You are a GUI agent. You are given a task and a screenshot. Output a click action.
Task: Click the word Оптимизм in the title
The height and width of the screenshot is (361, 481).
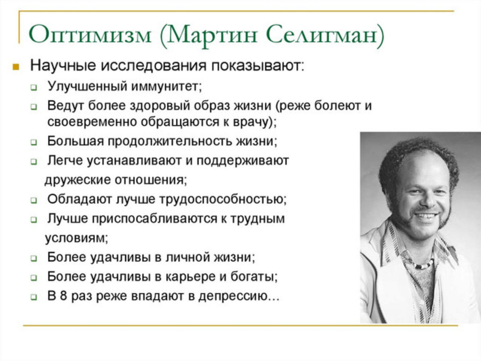coord(90,34)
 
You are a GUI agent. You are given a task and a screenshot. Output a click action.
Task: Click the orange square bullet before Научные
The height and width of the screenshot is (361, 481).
coord(15,67)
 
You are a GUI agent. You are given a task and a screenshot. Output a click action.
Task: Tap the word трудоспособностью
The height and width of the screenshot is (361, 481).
coord(222,199)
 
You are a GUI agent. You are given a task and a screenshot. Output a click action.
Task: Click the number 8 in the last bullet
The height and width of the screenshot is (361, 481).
coord(63,296)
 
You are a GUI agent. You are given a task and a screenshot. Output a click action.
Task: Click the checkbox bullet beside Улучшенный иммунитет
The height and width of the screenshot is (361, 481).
coord(34,88)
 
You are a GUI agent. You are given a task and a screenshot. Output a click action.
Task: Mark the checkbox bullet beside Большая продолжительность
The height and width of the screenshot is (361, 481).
coord(34,142)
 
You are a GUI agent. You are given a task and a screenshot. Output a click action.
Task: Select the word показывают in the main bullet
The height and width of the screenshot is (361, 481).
coord(257,66)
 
